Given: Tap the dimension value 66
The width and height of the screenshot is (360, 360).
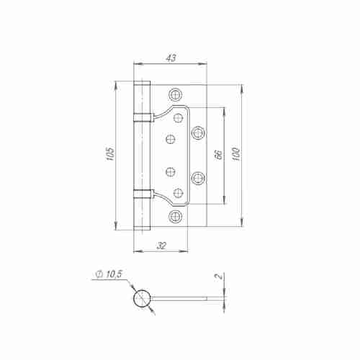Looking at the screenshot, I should point(217,155).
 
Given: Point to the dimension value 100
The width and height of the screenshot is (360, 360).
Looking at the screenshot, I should point(235,155).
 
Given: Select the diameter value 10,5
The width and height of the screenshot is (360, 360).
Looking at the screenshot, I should point(114,274).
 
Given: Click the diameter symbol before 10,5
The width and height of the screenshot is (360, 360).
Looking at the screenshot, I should point(98,274).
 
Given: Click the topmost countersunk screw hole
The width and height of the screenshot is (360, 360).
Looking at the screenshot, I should point(175,94).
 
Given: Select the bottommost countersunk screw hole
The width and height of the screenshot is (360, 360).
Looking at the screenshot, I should point(175,216).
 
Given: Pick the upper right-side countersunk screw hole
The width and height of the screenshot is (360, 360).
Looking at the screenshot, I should point(198,131).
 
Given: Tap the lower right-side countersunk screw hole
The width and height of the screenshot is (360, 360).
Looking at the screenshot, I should point(198,178).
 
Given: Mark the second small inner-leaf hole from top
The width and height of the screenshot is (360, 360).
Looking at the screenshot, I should point(171,138).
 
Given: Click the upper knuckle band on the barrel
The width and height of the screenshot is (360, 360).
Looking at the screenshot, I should point(142,117).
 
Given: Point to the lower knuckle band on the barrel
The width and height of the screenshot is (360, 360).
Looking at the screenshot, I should point(142,192).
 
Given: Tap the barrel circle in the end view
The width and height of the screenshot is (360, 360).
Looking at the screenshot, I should point(143,298).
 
